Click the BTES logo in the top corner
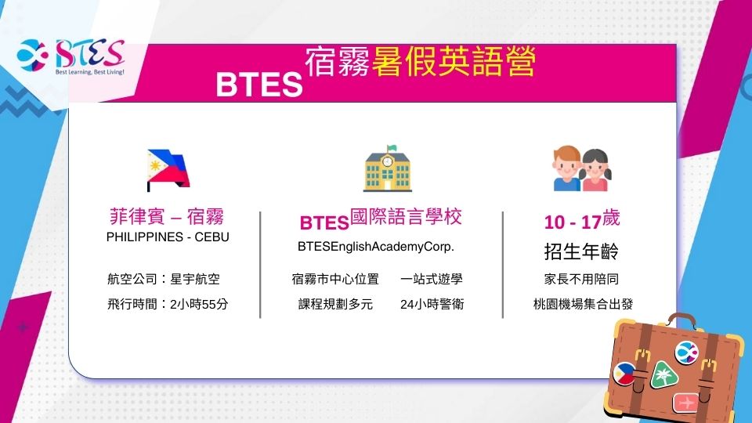[71, 56]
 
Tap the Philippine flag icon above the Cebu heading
[168, 170]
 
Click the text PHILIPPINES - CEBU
[168, 237]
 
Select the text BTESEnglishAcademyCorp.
[375, 247]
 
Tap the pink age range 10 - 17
[573, 222]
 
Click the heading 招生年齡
[581, 251]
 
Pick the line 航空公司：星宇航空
[164, 279]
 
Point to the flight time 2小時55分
[199, 304]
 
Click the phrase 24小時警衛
[432, 304]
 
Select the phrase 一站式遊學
[432, 279]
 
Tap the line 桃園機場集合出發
[583, 304]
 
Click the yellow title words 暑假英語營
[454, 61]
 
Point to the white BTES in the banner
[259, 85]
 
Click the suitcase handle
[681, 320]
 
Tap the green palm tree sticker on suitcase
[663, 375]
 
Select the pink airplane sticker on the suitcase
[685, 403]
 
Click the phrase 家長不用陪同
[581, 279]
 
